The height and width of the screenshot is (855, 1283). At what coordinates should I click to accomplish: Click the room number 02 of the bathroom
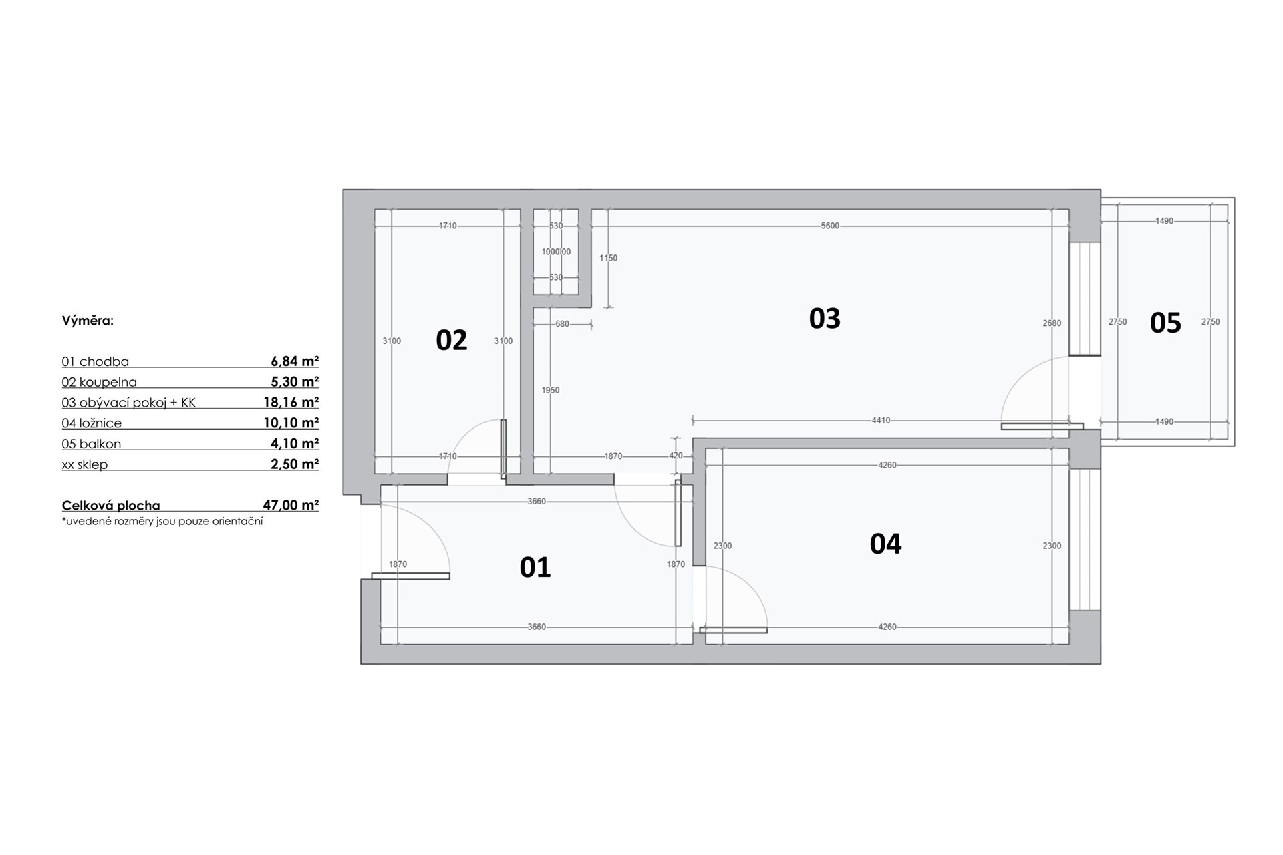[451, 340]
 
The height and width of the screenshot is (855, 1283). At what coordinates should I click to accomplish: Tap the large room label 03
[825, 318]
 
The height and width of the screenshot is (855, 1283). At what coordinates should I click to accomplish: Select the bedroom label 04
[885, 544]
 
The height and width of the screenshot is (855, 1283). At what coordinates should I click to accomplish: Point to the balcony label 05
[1165, 323]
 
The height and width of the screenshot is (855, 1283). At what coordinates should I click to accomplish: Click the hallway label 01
[535, 567]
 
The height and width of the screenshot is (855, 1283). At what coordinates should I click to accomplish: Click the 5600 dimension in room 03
[830, 226]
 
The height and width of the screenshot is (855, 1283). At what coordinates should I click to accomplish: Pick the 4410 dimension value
[881, 421]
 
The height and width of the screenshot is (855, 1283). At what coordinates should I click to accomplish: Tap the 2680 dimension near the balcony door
[1052, 323]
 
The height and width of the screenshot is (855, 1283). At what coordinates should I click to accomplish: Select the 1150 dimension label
[608, 258]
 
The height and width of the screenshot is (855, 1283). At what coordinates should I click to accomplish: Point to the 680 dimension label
[562, 324]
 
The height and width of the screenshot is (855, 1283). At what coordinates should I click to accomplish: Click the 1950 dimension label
[551, 390]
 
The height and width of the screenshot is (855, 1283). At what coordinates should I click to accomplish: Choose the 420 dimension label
[676, 456]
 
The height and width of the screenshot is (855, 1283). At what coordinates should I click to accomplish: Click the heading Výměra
[88, 321]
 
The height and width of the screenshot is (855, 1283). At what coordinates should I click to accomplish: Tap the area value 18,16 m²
[291, 402]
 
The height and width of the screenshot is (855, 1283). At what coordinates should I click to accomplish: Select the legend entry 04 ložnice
[92, 423]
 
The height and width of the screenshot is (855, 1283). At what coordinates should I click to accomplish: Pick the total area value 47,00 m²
[291, 505]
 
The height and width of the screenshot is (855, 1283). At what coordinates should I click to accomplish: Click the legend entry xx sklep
[84, 464]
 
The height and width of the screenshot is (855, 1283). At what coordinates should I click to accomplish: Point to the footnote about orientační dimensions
[162, 521]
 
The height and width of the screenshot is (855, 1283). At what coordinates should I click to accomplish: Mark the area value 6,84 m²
[295, 361]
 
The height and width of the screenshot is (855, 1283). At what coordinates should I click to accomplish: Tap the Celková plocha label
[111, 506]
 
